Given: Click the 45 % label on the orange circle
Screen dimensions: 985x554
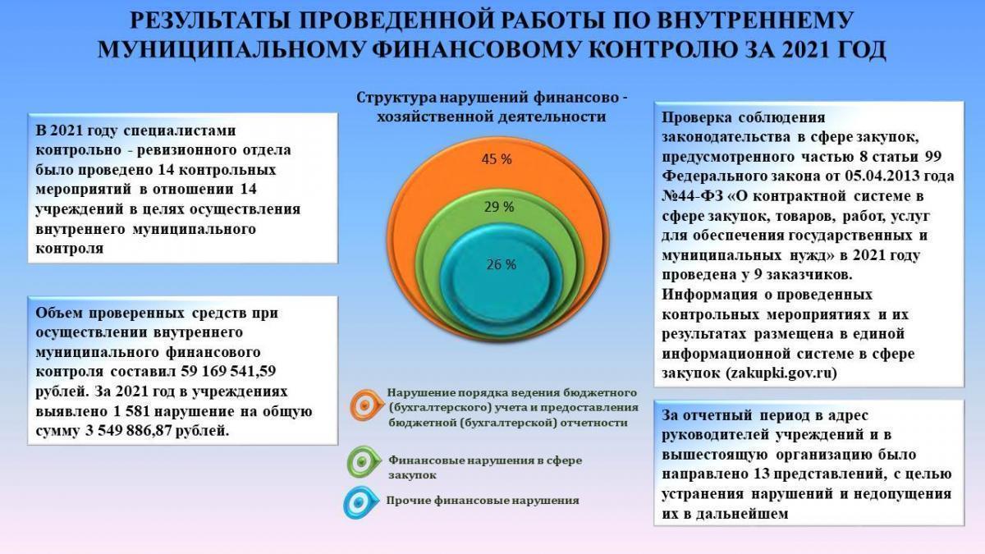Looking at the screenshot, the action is tap(497, 159).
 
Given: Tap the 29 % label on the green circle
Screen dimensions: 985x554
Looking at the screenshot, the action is tap(499, 207).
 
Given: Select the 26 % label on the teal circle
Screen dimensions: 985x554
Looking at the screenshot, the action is tap(502, 264).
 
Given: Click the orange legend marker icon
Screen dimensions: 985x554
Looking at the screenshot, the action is tap(366, 405).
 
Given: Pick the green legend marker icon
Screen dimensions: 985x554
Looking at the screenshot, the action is tap(363, 461).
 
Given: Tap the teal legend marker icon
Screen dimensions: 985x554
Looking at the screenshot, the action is tap(360, 502).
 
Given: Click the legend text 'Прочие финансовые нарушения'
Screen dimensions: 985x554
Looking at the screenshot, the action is tap(483, 501).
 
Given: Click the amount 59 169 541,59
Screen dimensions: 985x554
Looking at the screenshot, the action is tap(228, 372).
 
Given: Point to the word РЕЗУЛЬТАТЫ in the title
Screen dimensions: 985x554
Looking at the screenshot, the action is tap(204, 21).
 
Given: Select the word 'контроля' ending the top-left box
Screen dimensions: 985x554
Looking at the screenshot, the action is tap(70, 249).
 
